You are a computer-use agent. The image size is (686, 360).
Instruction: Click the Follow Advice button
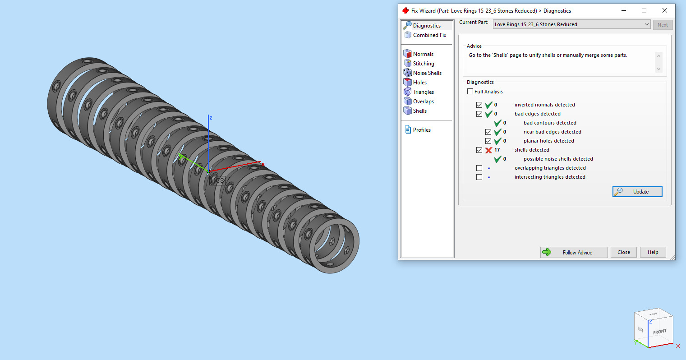click(x=574, y=252)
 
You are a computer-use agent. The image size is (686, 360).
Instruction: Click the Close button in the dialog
click(x=624, y=252)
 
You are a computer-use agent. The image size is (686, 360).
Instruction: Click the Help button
click(x=653, y=252)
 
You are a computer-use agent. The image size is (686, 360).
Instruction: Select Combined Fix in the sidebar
click(x=429, y=35)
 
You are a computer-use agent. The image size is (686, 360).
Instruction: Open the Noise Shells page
click(x=427, y=73)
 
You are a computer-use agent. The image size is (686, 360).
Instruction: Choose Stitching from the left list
click(x=423, y=64)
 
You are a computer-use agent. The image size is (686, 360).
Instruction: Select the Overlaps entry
click(x=423, y=102)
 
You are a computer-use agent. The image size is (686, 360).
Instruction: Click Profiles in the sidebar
click(x=421, y=130)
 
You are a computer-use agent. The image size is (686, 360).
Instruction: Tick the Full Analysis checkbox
click(x=470, y=92)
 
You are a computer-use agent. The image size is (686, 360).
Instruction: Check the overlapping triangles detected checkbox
click(x=479, y=168)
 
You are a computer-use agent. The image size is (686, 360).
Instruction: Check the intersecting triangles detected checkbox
click(x=479, y=177)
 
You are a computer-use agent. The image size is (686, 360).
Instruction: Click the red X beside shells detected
click(x=488, y=150)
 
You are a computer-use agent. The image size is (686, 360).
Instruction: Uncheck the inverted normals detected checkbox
click(x=479, y=105)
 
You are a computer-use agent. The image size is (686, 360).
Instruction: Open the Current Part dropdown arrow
click(x=646, y=24)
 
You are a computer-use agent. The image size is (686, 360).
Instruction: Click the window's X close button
click(x=664, y=10)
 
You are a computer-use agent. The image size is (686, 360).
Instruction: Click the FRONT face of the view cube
click(x=659, y=332)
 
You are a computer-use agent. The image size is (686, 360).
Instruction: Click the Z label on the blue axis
click(x=211, y=118)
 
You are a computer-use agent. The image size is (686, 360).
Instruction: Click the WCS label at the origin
click(x=217, y=180)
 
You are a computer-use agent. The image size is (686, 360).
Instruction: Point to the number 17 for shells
click(x=497, y=150)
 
